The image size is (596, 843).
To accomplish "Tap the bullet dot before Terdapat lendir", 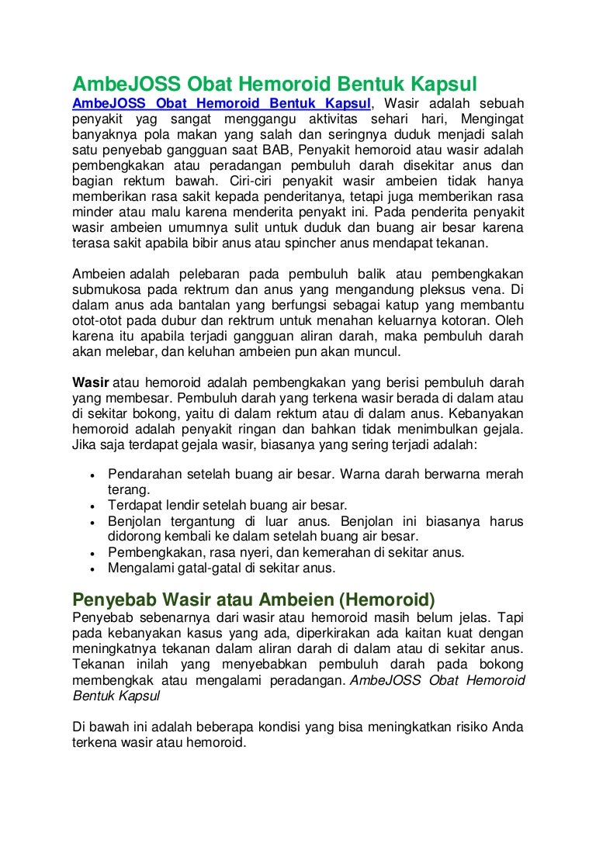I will point(92,506).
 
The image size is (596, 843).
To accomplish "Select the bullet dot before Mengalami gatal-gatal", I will point(92,568).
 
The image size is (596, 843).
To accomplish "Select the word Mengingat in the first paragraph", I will point(492,119).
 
